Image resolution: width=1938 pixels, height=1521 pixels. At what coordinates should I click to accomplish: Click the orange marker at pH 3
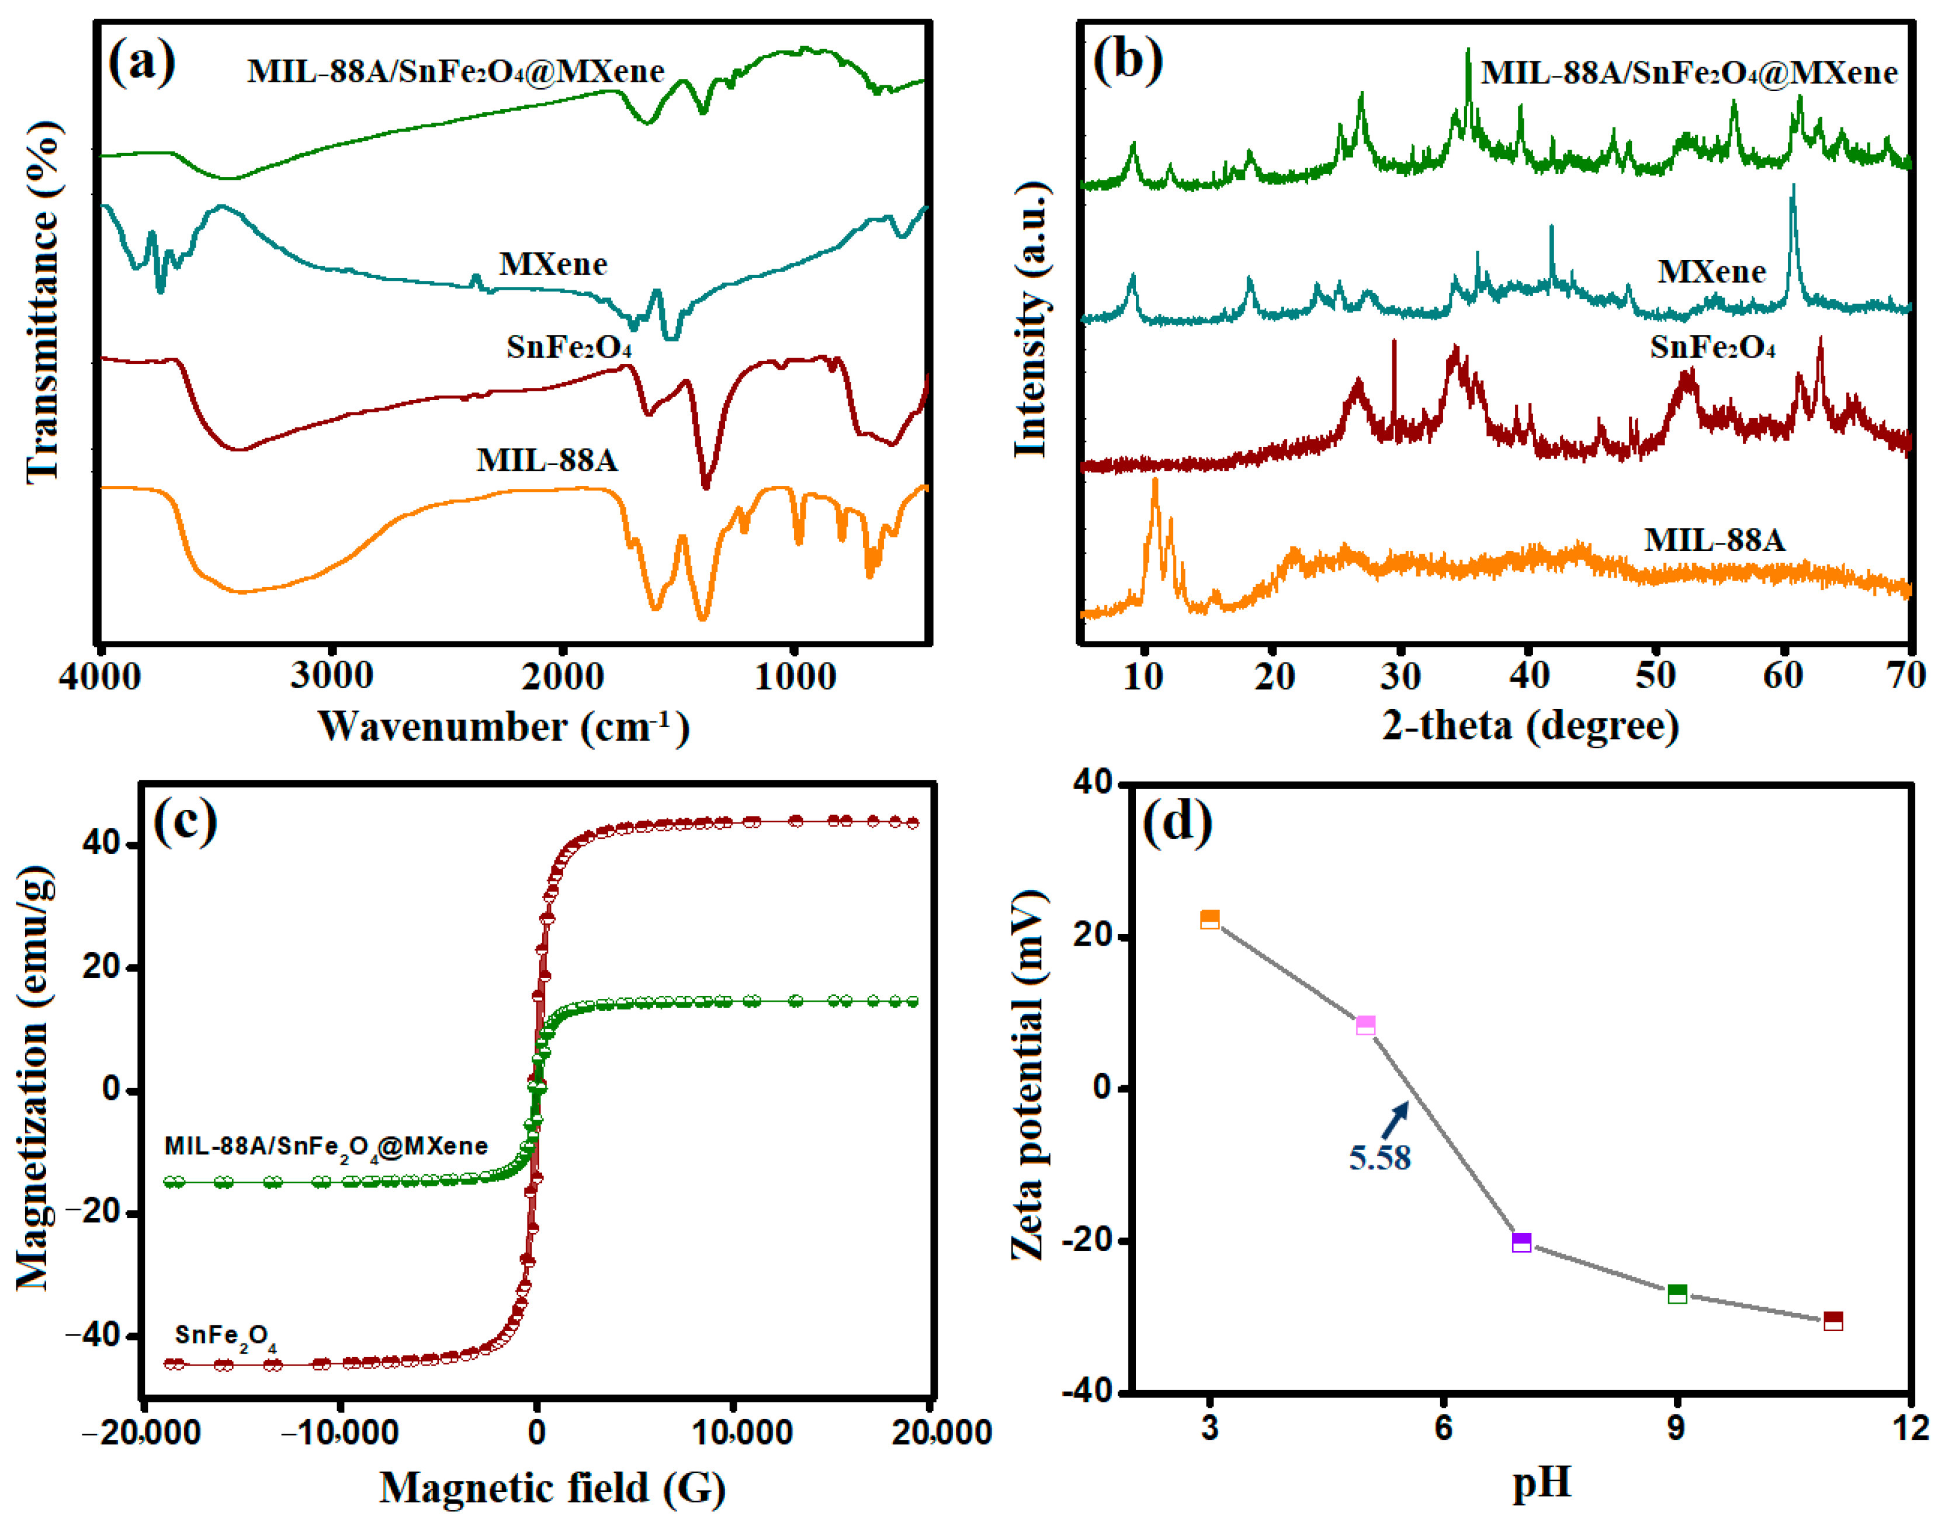[x=1209, y=920]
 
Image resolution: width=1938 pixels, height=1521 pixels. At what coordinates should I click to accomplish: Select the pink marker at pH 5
[x=1364, y=1025]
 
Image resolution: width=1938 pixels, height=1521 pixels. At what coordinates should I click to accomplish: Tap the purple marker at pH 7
[x=1521, y=1242]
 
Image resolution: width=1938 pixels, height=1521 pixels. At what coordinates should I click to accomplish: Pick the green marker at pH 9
[x=1676, y=1294]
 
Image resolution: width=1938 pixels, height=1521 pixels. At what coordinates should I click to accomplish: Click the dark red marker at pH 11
[x=1833, y=1321]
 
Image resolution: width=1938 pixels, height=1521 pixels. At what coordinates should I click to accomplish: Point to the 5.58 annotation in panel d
[x=1379, y=1158]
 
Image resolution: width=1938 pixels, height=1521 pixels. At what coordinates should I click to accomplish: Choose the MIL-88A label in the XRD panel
[x=1714, y=540]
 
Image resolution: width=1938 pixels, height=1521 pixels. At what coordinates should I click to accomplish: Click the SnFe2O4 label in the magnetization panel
[x=224, y=1336]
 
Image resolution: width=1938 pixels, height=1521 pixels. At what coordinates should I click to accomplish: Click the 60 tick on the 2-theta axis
[x=1782, y=677]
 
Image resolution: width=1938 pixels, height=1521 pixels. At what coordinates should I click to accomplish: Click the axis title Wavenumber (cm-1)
[x=503, y=727]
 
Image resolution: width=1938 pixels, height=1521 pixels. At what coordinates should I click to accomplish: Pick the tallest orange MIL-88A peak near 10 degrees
[x=1155, y=482]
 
